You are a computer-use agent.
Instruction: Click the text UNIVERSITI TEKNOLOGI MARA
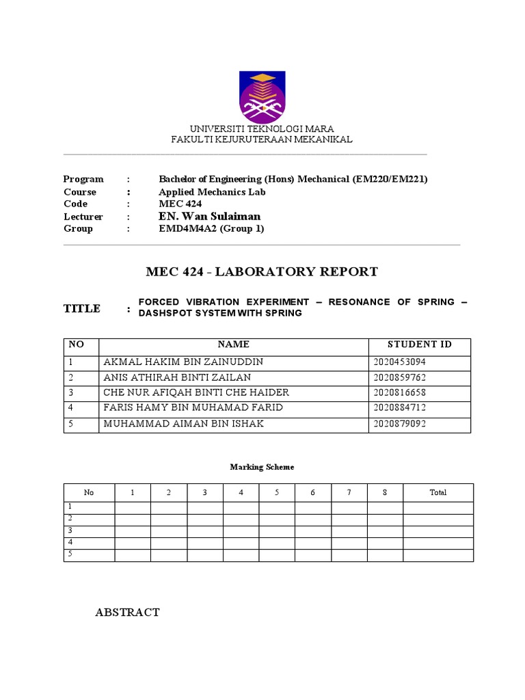click(x=262, y=129)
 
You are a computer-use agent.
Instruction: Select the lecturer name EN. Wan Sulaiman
click(x=210, y=217)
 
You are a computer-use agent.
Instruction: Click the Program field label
click(x=83, y=179)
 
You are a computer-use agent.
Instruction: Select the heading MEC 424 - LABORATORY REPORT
click(x=262, y=272)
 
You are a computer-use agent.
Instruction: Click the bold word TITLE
click(x=82, y=309)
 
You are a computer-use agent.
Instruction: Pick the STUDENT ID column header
click(x=420, y=345)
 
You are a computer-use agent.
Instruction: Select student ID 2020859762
click(x=401, y=377)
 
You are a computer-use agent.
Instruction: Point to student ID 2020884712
click(x=401, y=408)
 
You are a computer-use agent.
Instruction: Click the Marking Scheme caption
click(x=262, y=467)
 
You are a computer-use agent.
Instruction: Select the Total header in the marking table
click(x=437, y=492)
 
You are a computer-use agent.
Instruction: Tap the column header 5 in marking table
click(x=277, y=492)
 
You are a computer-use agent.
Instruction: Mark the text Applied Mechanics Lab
click(x=212, y=191)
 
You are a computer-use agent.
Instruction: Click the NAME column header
click(x=234, y=345)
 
